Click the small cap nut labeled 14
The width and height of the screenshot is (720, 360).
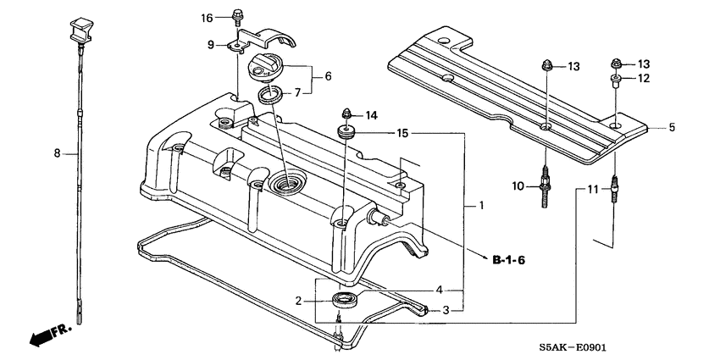[x=346, y=113]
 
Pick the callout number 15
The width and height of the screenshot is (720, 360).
[x=402, y=133]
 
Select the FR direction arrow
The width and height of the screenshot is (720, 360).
[x=49, y=334]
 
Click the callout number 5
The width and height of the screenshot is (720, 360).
[x=672, y=128]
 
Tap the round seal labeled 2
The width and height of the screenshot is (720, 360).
[x=345, y=298]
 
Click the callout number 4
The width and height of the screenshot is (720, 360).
[x=438, y=290]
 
